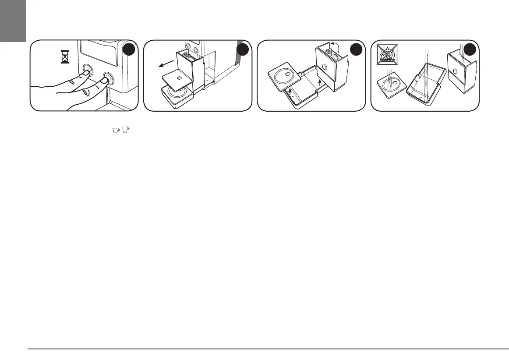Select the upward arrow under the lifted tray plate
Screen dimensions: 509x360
290,91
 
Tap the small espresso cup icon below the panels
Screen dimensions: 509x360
116,130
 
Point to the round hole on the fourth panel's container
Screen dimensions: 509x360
455,71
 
